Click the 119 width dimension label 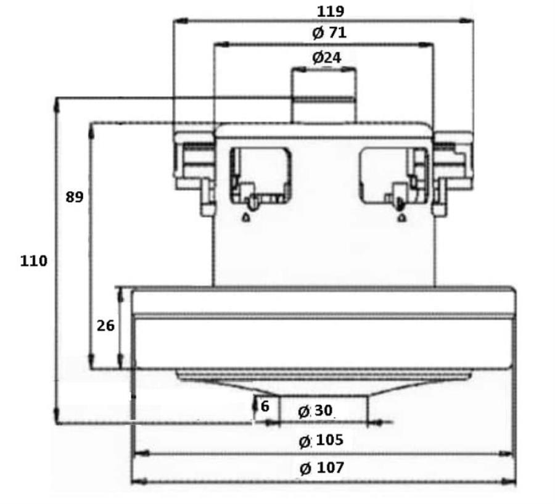pyautogui.click(x=331, y=11)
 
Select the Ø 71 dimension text pyautogui.click(x=329, y=33)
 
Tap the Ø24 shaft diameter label pyautogui.click(x=326, y=57)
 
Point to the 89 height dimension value pyautogui.click(x=74, y=198)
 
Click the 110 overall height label pyautogui.click(x=33, y=261)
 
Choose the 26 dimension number pyautogui.click(x=105, y=325)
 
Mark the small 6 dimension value pyautogui.click(x=265, y=407)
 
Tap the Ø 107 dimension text pyautogui.click(x=322, y=468)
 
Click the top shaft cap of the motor pyautogui.click(x=324, y=96)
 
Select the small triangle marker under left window pyautogui.click(x=245, y=217)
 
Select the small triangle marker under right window pyautogui.click(x=401, y=217)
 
